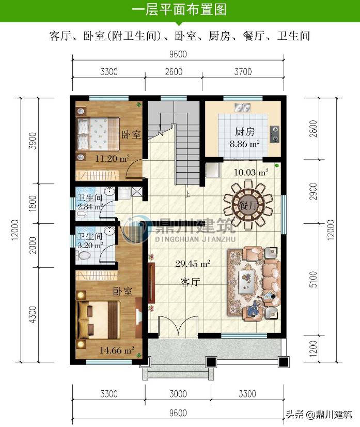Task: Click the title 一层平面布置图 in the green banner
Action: [x=179, y=10]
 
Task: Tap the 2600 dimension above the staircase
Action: [x=174, y=72]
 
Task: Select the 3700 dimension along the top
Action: [x=242, y=72]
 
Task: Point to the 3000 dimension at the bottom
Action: [x=178, y=394]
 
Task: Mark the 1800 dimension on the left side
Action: [x=33, y=203]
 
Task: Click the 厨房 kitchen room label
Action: [x=244, y=132]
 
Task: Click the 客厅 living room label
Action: [x=190, y=282]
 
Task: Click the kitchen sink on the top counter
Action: [x=242, y=108]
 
